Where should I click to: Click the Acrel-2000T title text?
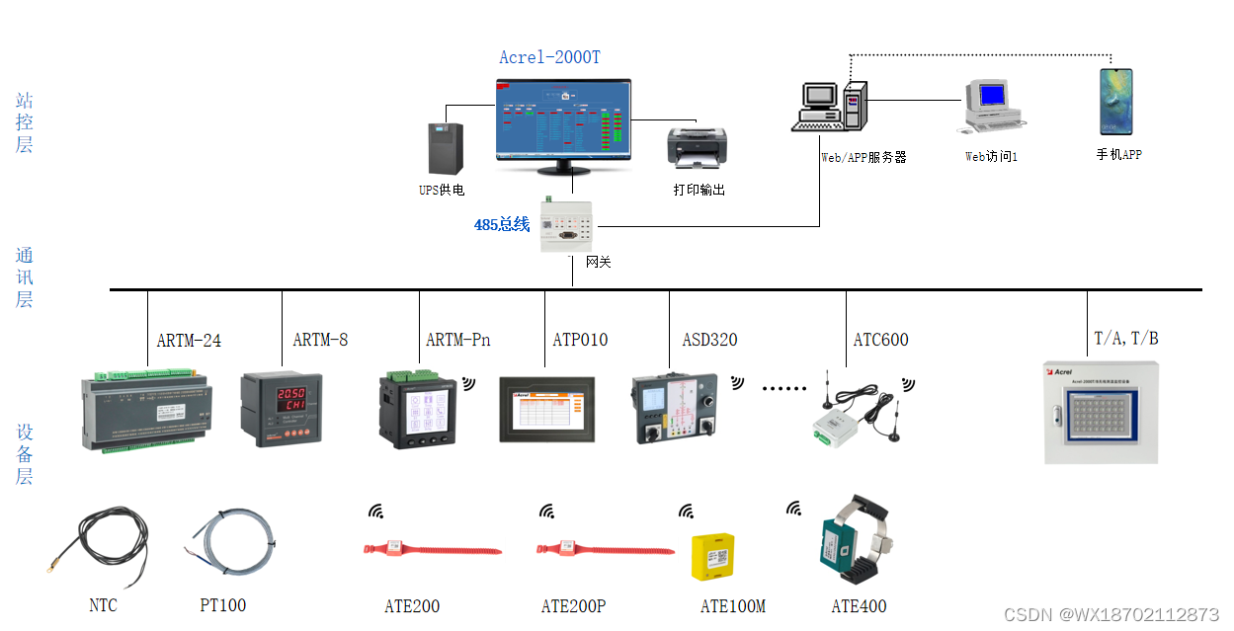pos(549,57)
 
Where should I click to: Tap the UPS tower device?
pos(440,148)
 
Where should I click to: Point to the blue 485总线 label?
pos(502,225)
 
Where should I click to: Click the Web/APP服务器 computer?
pos(834,106)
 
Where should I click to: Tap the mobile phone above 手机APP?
pos(1116,102)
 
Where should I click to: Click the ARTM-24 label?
pos(189,341)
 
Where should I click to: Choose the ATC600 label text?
pos(880,341)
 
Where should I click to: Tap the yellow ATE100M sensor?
pos(712,557)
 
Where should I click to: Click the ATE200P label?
pos(573,606)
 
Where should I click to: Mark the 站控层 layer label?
pos(25,122)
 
